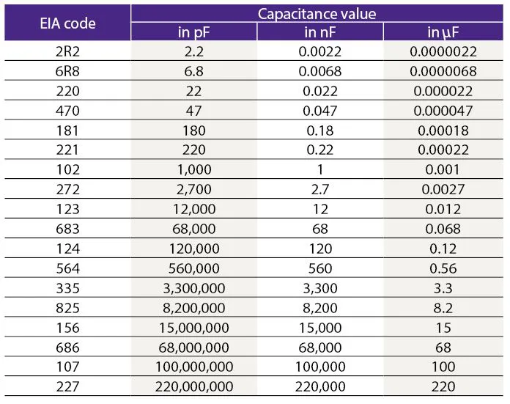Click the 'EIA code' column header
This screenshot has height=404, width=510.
pyautogui.click(x=67, y=23)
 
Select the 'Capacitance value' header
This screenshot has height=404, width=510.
pyautogui.click(x=317, y=14)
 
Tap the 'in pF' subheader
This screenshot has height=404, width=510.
pyautogui.click(x=194, y=32)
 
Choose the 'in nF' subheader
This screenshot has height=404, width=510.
pyautogui.click(x=320, y=32)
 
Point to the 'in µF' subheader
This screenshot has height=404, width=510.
pyautogui.click(x=443, y=32)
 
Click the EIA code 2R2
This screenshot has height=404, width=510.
pyautogui.click(x=67, y=51)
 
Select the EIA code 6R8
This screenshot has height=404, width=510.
pyautogui.click(x=67, y=71)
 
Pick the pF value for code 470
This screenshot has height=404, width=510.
pyautogui.click(x=194, y=111)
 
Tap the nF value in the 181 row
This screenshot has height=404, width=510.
pyautogui.click(x=320, y=131)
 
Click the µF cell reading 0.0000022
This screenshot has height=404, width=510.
pyautogui.click(x=443, y=51)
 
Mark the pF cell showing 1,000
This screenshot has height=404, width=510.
pyautogui.click(x=194, y=169)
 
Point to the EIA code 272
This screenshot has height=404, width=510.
pyautogui.click(x=67, y=189)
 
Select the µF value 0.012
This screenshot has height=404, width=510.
pyautogui.click(x=443, y=209)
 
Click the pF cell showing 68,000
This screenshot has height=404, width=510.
pyautogui.click(x=194, y=229)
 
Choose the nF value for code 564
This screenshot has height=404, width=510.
pyautogui.click(x=320, y=268)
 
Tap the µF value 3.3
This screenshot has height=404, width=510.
pyautogui.click(x=443, y=288)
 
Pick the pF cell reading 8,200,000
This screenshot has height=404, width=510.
pyautogui.click(x=194, y=308)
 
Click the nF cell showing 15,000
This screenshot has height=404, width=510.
pyautogui.click(x=320, y=328)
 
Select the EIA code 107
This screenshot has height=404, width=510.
pyautogui.click(x=67, y=367)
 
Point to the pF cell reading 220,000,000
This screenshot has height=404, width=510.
pyautogui.click(x=194, y=386)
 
